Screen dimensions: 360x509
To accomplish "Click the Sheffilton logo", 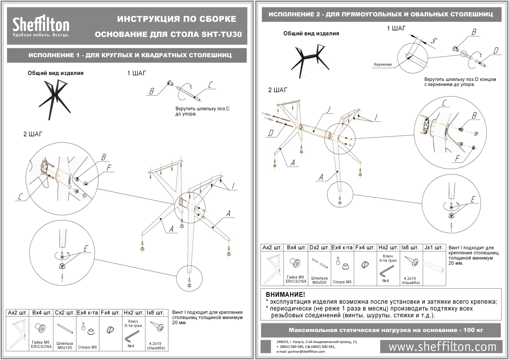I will coord(41,25).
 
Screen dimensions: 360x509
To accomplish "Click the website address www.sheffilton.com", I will coord(442,346).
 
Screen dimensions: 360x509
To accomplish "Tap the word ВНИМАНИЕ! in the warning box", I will coord(285,295).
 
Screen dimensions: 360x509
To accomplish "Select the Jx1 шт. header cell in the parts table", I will coord(434,247).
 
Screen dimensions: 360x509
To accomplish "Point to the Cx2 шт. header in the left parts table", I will coord(65,313).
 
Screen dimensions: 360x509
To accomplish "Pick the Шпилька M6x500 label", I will coord(319,280).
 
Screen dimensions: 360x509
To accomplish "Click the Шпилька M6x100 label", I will coord(65,345).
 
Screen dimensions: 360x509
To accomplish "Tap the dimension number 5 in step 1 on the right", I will coord(433,41).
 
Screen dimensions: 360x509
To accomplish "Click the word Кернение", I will coord(383,64).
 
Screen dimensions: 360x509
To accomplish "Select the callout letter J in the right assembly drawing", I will coord(329,110).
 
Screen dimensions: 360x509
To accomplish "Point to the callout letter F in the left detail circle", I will coord(109,168).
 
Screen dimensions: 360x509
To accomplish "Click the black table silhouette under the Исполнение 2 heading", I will coord(308,59).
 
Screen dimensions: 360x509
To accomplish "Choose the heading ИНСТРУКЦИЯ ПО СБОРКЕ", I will coord(177,19).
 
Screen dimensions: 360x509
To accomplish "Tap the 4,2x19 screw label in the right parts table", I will coord(410,280).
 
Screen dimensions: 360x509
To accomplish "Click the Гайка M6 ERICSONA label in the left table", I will coord(41,344).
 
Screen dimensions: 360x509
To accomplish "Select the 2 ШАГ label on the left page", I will coord(32,134).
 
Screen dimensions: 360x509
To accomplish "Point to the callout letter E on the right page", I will coord(473,199).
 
